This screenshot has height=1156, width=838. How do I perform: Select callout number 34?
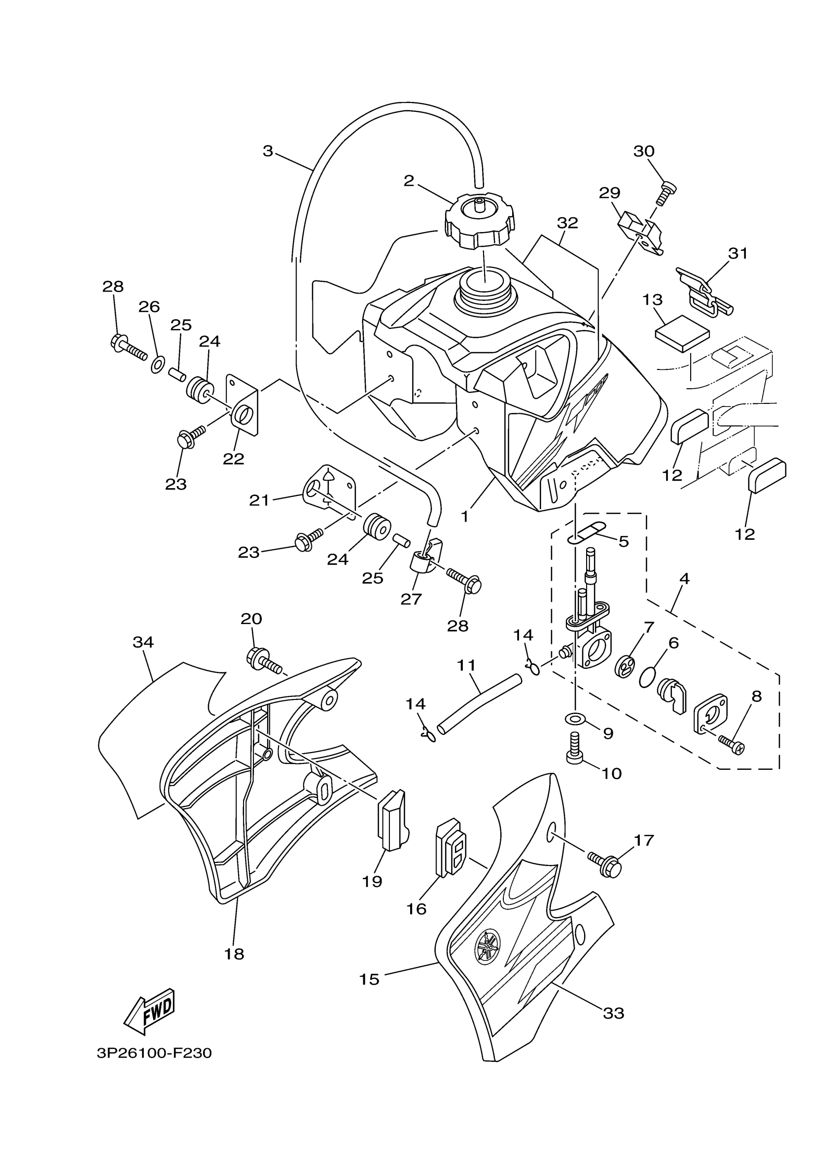(x=143, y=642)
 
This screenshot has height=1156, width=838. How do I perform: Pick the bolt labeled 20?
(x=264, y=661)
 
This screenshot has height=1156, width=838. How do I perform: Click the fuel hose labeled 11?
(x=480, y=704)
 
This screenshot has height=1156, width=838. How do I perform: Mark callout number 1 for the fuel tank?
(x=464, y=516)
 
